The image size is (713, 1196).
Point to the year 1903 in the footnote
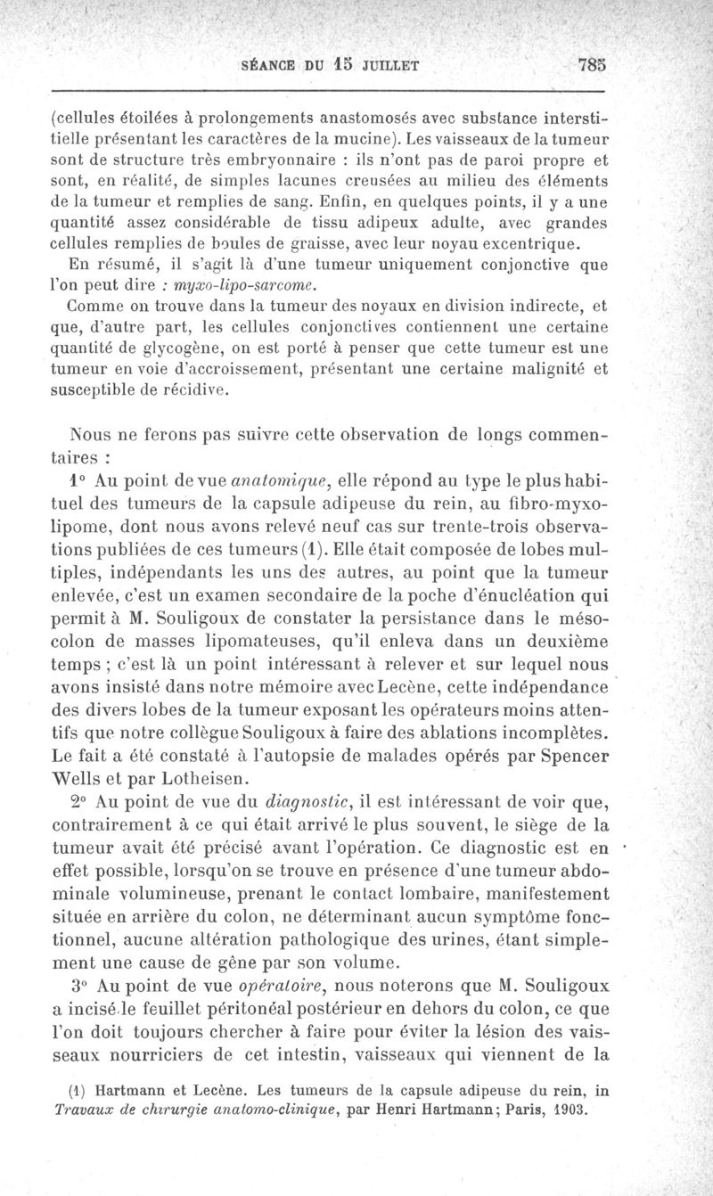570,1110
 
